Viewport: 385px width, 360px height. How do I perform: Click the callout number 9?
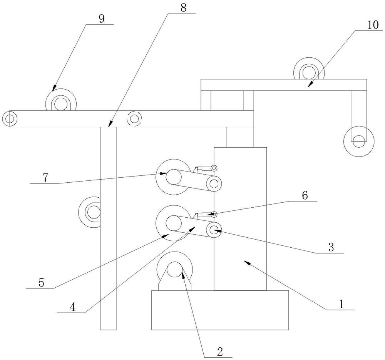101,19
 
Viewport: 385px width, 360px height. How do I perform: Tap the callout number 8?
183,8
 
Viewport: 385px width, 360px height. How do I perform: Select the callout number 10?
373,25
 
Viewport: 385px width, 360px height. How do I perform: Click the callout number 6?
305,196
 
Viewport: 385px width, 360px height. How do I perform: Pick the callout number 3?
331,247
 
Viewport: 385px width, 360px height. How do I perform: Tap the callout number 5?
41,283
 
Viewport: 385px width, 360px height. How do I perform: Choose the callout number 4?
73,307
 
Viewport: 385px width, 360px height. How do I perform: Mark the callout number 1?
341,305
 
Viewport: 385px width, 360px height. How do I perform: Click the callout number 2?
220,352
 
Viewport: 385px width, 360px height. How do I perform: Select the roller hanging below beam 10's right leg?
359,142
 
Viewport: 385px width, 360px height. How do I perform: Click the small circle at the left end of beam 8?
10,119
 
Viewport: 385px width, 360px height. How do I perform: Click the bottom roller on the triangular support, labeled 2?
174,269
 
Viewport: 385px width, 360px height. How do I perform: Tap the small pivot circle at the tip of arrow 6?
214,215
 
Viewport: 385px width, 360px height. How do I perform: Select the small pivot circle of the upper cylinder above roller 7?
214,168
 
